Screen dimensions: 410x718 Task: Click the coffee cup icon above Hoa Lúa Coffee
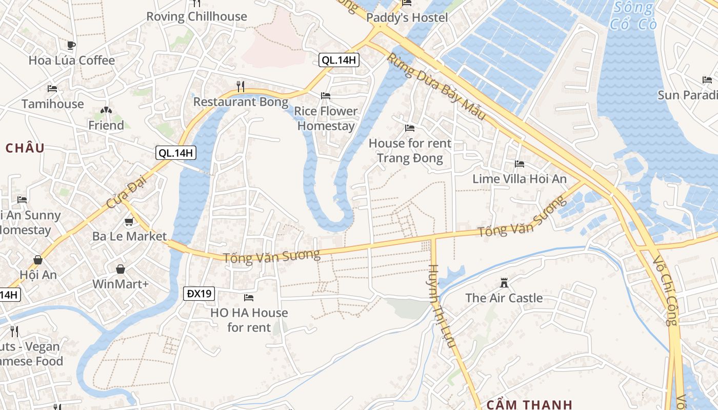(71, 45)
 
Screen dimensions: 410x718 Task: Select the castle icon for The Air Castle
(504, 282)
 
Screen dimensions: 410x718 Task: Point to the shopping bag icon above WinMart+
(121, 269)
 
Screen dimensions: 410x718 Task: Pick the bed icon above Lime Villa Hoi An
(520, 164)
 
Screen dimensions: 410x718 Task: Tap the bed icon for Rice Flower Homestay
(326, 96)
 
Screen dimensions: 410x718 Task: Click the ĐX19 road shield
(199, 294)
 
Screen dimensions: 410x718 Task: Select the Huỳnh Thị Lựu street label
(442, 306)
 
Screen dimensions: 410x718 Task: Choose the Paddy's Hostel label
(407, 18)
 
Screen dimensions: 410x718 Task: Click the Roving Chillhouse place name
(196, 16)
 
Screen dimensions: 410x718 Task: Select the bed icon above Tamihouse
(52, 88)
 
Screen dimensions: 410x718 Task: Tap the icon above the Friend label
(106, 110)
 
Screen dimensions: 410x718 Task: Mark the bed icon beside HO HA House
(249, 297)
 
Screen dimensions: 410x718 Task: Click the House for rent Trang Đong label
(410, 150)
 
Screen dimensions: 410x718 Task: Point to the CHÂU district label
(25, 148)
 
